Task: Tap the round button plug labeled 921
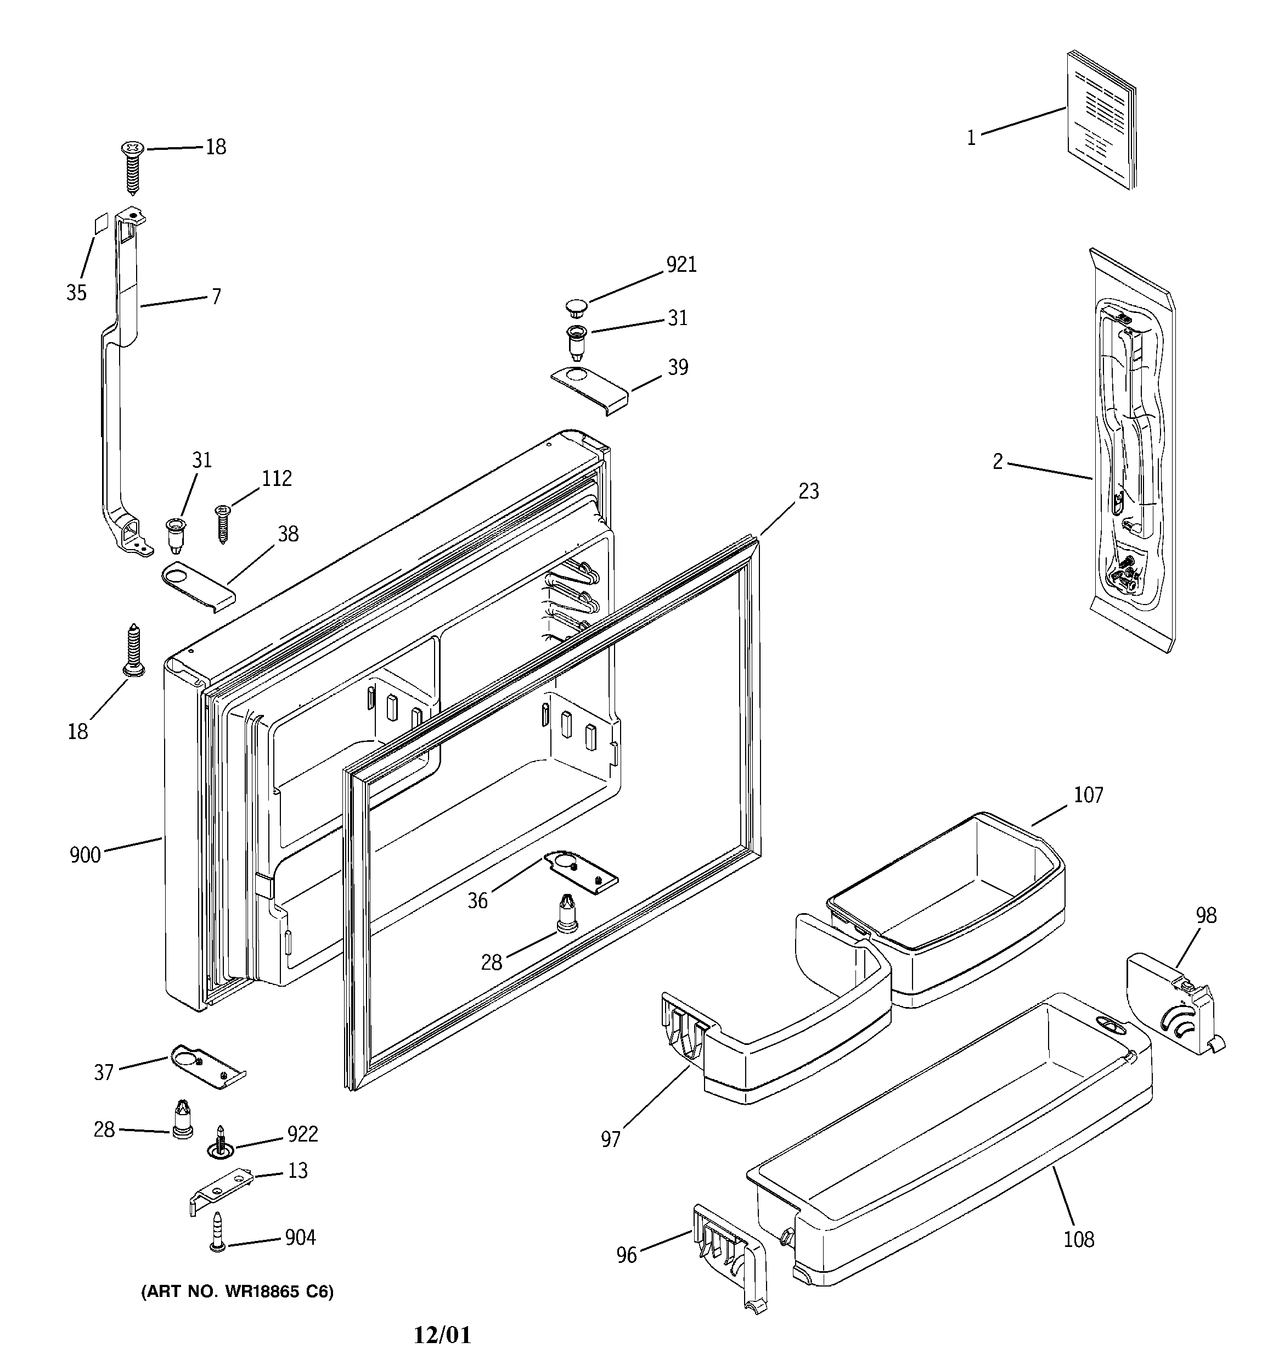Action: click(577, 306)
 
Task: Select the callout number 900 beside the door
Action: click(85, 855)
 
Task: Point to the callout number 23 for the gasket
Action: click(808, 491)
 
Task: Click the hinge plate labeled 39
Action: click(589, 388)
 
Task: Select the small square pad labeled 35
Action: click(100, 223)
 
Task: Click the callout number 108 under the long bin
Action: click(1078, 1239)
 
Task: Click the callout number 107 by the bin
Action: click(1088, 795)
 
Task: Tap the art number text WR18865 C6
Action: click(237, 1292)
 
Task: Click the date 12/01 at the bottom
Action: click(442, 1335)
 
